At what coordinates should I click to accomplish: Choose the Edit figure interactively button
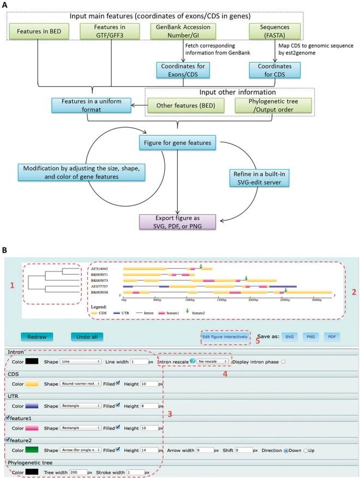pyautogui.click(x=226, y=336)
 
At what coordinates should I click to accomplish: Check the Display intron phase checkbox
pyautogui.click(x=283, y=361)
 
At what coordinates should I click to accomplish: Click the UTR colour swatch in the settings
pyautogui.click(x=33, y=406)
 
